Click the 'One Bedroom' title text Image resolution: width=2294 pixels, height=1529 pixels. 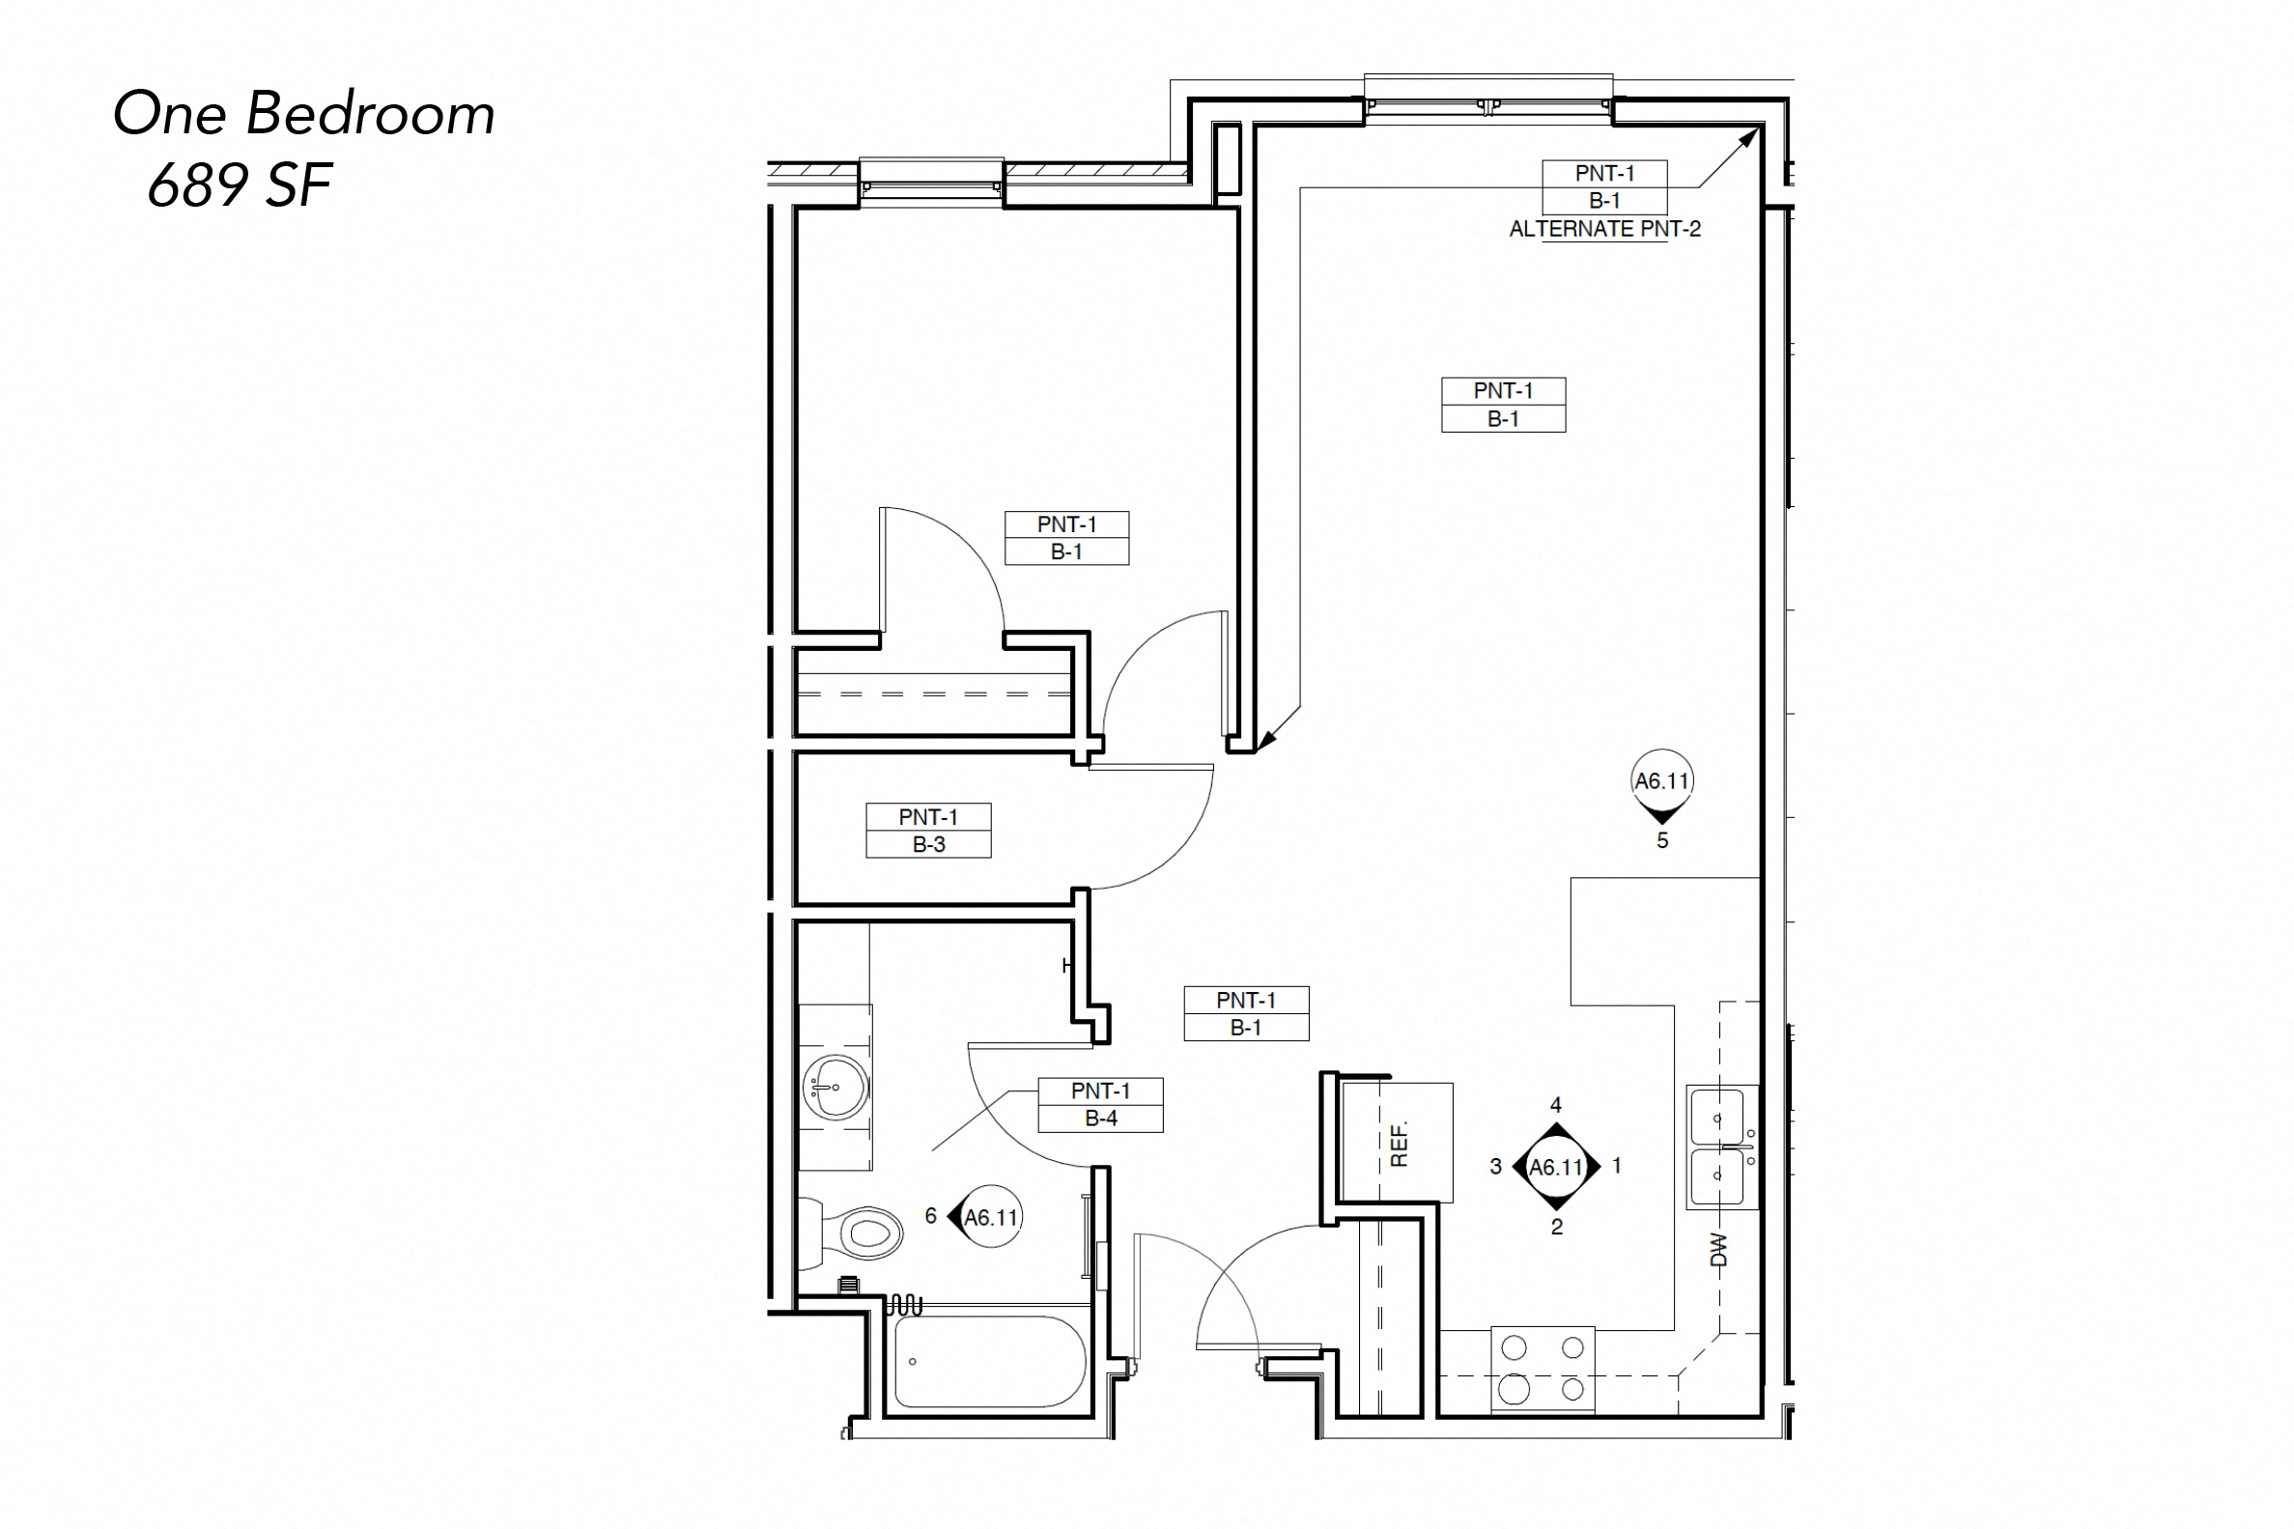303,114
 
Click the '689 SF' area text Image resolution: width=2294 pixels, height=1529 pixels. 240,184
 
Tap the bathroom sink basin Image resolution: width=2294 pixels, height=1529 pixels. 835,1087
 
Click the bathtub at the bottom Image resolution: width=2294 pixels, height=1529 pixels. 989,1361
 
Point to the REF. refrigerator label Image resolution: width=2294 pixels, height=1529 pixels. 1399,1144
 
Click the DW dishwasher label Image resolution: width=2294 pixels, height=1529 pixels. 1717,1250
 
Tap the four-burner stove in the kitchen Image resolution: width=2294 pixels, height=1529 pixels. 1543,1370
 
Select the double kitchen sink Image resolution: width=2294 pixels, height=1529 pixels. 1722,1147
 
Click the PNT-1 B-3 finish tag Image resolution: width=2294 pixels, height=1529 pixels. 928,830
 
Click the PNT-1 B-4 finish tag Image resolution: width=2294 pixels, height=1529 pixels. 1100,1105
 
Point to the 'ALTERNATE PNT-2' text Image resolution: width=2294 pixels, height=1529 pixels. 1604,229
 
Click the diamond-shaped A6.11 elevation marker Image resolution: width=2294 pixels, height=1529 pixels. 1556,1166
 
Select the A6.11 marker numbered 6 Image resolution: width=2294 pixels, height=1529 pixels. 989,1217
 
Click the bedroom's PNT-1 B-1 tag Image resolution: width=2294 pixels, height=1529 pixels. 1066,537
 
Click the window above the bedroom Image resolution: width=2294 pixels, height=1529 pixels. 931,183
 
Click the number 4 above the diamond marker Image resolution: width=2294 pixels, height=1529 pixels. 1556,1105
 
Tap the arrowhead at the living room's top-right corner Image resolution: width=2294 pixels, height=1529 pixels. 1751,136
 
